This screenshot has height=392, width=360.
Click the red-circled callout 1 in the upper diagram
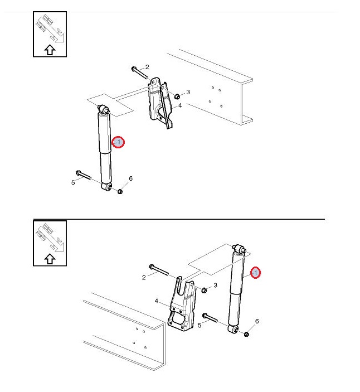pos(118,142)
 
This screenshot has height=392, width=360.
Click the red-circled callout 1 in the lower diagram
pos(255,273)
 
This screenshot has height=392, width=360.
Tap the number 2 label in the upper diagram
pos(147,67)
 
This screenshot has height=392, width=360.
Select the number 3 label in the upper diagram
pos(188,92)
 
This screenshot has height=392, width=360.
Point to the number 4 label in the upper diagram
pos(180,105)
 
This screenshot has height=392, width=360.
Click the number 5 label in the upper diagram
pos(73,182)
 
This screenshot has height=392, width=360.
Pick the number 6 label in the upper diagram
pos(130,178)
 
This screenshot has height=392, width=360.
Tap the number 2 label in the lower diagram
pos(144,277)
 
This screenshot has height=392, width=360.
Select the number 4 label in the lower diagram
pos(157,301)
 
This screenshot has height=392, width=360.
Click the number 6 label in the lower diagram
pos(257,321)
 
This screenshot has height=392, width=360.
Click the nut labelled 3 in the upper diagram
pos(177,96)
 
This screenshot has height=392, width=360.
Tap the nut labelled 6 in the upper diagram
pos(120,191)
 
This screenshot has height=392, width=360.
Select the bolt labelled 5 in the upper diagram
pos(83,175)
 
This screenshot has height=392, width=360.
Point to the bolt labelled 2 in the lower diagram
pos(159,270)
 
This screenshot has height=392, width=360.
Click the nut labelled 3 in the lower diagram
pos(204,290)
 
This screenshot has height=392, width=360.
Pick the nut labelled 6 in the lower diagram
pos(246,334)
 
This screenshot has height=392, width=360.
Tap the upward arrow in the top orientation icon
pos(50,50)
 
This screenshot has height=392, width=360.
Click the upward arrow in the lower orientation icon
pos(50,259)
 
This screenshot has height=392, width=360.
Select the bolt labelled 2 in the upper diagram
pos(139,72)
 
